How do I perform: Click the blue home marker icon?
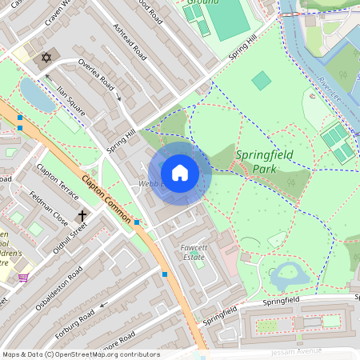180,172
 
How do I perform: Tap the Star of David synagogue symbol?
46,58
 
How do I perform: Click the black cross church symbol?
82,216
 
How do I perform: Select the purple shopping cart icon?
23,278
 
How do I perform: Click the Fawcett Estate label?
194,253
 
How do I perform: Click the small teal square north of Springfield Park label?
261,81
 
